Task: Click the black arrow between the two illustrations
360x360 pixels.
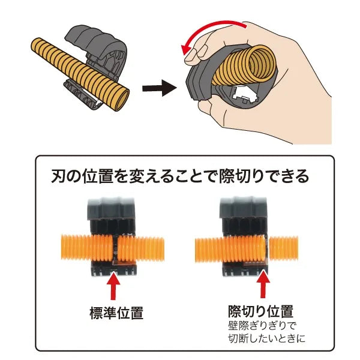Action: [160, 88]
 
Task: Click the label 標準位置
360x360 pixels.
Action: [116, 313]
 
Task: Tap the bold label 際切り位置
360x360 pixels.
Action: [260, 311]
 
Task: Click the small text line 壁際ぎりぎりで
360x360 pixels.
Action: [262, 326]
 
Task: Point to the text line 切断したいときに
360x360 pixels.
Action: [266, 338]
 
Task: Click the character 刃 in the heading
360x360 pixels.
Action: [58, 176]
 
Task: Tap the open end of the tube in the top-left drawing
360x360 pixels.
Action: [121, 100]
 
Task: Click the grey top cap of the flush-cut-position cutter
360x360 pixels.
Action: [243, 208]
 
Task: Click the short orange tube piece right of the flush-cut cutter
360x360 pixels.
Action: [283, 248]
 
